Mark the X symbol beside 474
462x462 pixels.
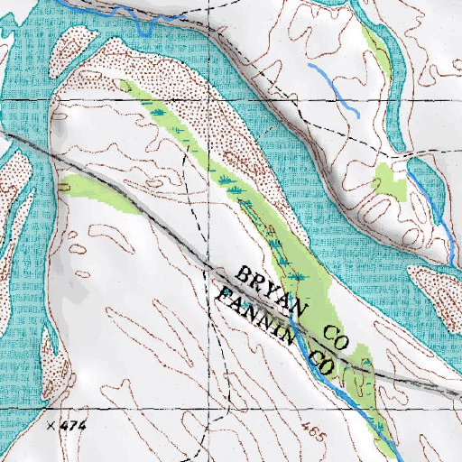(51, 423)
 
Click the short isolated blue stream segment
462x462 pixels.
(334, 88)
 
